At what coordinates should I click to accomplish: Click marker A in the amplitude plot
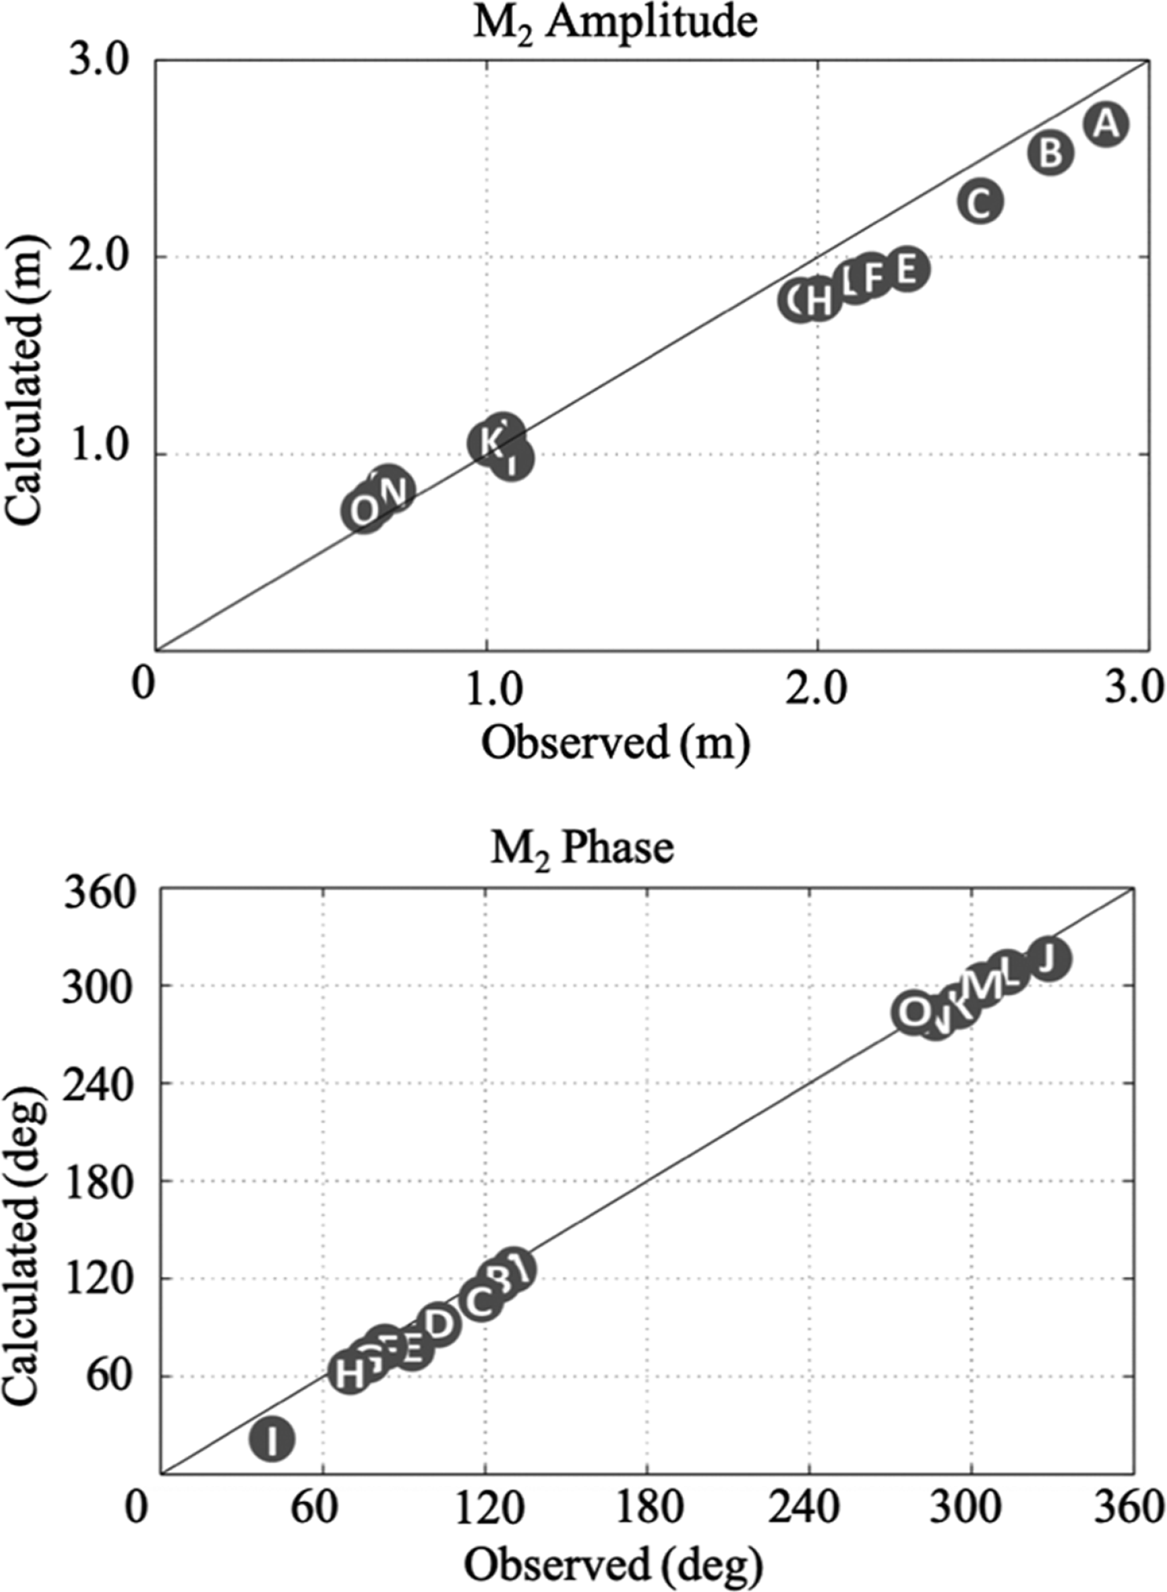point(1106,124)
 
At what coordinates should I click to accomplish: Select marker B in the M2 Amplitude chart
point(1051,153)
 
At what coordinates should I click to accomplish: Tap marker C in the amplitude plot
point(980,202)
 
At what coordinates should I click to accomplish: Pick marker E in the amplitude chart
point(907,270)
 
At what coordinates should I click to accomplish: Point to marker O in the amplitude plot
point(364,512)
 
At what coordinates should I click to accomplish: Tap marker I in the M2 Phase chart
point(271,1439)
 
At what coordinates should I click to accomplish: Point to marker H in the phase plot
point(349,1374)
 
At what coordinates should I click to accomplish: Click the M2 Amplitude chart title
point(615,24)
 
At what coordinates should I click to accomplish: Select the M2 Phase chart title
point(582,848)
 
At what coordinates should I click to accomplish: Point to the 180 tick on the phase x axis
point(647,1508)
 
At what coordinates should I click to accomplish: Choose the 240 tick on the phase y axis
point(92,1084)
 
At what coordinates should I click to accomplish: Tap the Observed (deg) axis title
point(613,1566)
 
